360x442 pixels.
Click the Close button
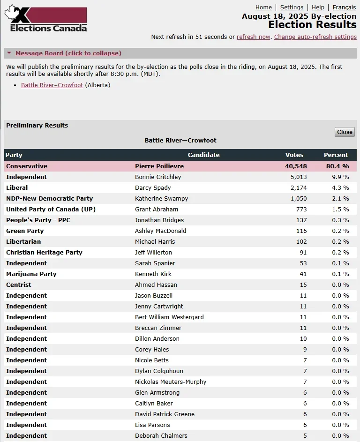(x=345, y=132)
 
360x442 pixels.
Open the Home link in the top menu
(x=263, y=7)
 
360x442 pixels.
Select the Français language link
(x=344, y=7)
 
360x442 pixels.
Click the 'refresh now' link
(x=253, y=37)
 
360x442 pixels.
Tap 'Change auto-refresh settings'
(x=315, y=37)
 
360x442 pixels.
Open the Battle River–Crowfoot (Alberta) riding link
(x=52, y=85)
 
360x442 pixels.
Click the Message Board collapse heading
(x=68, y=53)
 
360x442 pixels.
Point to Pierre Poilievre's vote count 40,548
(x=296, y=166)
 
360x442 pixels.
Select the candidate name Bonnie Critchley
(x=158, y=177)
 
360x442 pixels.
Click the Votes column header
(x=294, y=155)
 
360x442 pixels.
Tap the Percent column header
(x=336, y=155)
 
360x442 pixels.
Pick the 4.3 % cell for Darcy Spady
(x=340, y=188)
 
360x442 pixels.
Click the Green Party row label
(x=25, y=231)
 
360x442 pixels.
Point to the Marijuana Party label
(x=31, y=274)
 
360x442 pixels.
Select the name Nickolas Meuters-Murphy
(x=171, y=382)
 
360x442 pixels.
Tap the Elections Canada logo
(x=46, y=19)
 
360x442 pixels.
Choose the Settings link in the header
(x=292, y=7)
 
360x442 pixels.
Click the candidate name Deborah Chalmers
(x=161, y=436)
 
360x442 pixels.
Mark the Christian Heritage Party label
(x=44, y=253)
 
